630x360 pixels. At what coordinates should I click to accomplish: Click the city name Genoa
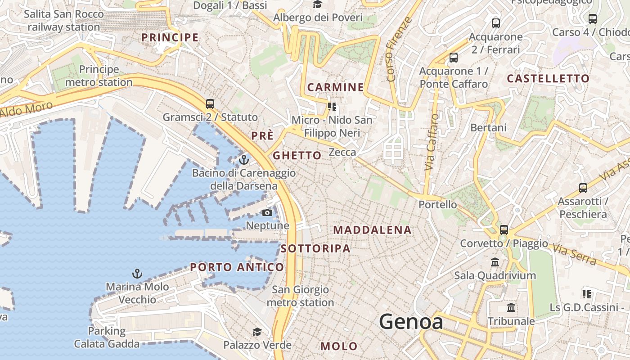tap(411, 322)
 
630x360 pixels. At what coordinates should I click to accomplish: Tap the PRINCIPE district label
tap(170, 37)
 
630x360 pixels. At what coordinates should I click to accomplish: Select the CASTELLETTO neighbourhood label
tap(548, 79)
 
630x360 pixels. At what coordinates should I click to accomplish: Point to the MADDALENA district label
tap(372, 230)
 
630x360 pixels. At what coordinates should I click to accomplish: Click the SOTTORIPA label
tap(315, 248)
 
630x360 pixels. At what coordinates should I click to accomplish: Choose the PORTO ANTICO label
tap(237, 267)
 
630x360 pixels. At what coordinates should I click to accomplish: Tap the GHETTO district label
tap(297, 156)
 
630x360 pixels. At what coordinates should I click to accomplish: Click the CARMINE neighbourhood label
tap(335, 87)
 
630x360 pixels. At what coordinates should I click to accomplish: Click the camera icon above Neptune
tap(267, 212)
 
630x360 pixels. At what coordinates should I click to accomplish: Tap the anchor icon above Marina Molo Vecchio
tap(137, 273)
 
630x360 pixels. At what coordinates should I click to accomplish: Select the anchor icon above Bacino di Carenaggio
tap(243, 160)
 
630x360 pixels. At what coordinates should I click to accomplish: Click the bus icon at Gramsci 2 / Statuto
tap(210, 103)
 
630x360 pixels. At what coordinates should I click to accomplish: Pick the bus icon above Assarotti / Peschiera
tap(583, 188)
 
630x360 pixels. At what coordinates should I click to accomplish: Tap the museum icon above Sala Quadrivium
tap(495, 262)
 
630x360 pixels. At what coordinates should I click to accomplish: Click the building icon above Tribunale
tap(511, 308)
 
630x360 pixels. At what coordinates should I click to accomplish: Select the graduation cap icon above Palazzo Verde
tap(257, 332)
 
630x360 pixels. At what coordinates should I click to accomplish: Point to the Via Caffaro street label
tap(431, 142)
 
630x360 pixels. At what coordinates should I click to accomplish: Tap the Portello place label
tap(437, 205)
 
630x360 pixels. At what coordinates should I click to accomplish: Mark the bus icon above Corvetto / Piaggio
tap(504, 229)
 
